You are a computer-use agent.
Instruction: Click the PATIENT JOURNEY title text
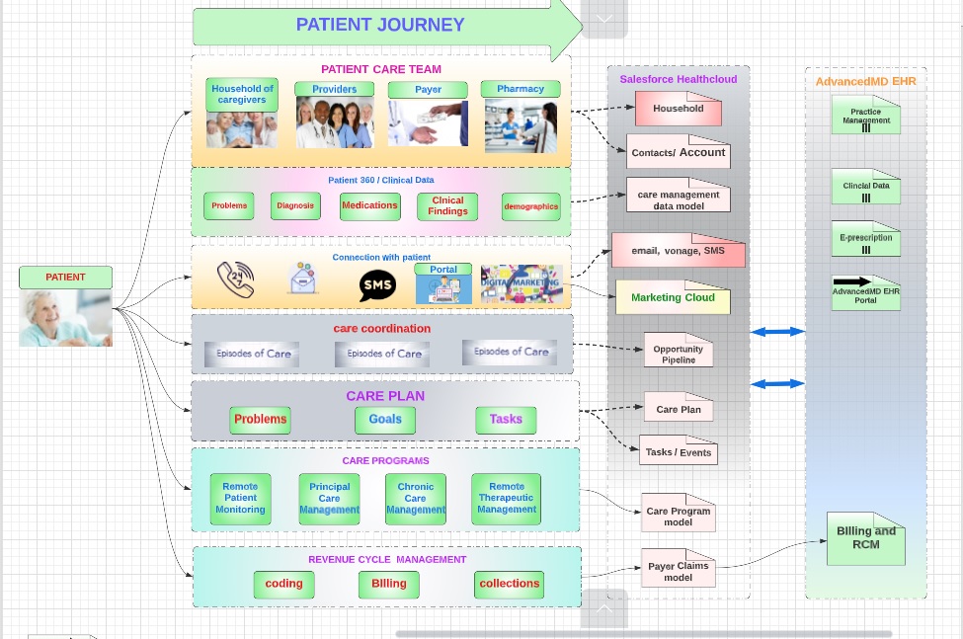380,26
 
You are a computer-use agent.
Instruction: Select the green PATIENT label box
65,278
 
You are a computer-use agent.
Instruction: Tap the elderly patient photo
65,318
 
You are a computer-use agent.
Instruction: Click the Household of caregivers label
242,94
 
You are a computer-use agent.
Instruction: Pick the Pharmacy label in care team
520,89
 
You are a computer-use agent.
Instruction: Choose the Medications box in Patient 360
369,205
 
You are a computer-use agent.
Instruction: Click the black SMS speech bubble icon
377,286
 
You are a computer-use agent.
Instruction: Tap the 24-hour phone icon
236,280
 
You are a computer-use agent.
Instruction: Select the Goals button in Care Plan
385,420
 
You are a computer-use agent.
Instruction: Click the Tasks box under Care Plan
506,420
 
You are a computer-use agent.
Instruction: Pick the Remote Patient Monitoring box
240,499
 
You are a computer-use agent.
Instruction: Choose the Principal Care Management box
329,499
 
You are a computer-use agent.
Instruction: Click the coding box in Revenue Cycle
283,584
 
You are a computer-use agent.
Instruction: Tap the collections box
509,584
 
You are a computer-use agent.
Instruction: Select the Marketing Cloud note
673,297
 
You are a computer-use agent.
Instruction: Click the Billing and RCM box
865,538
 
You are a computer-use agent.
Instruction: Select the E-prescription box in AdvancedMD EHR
865,239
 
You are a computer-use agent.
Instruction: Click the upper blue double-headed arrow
777,332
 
